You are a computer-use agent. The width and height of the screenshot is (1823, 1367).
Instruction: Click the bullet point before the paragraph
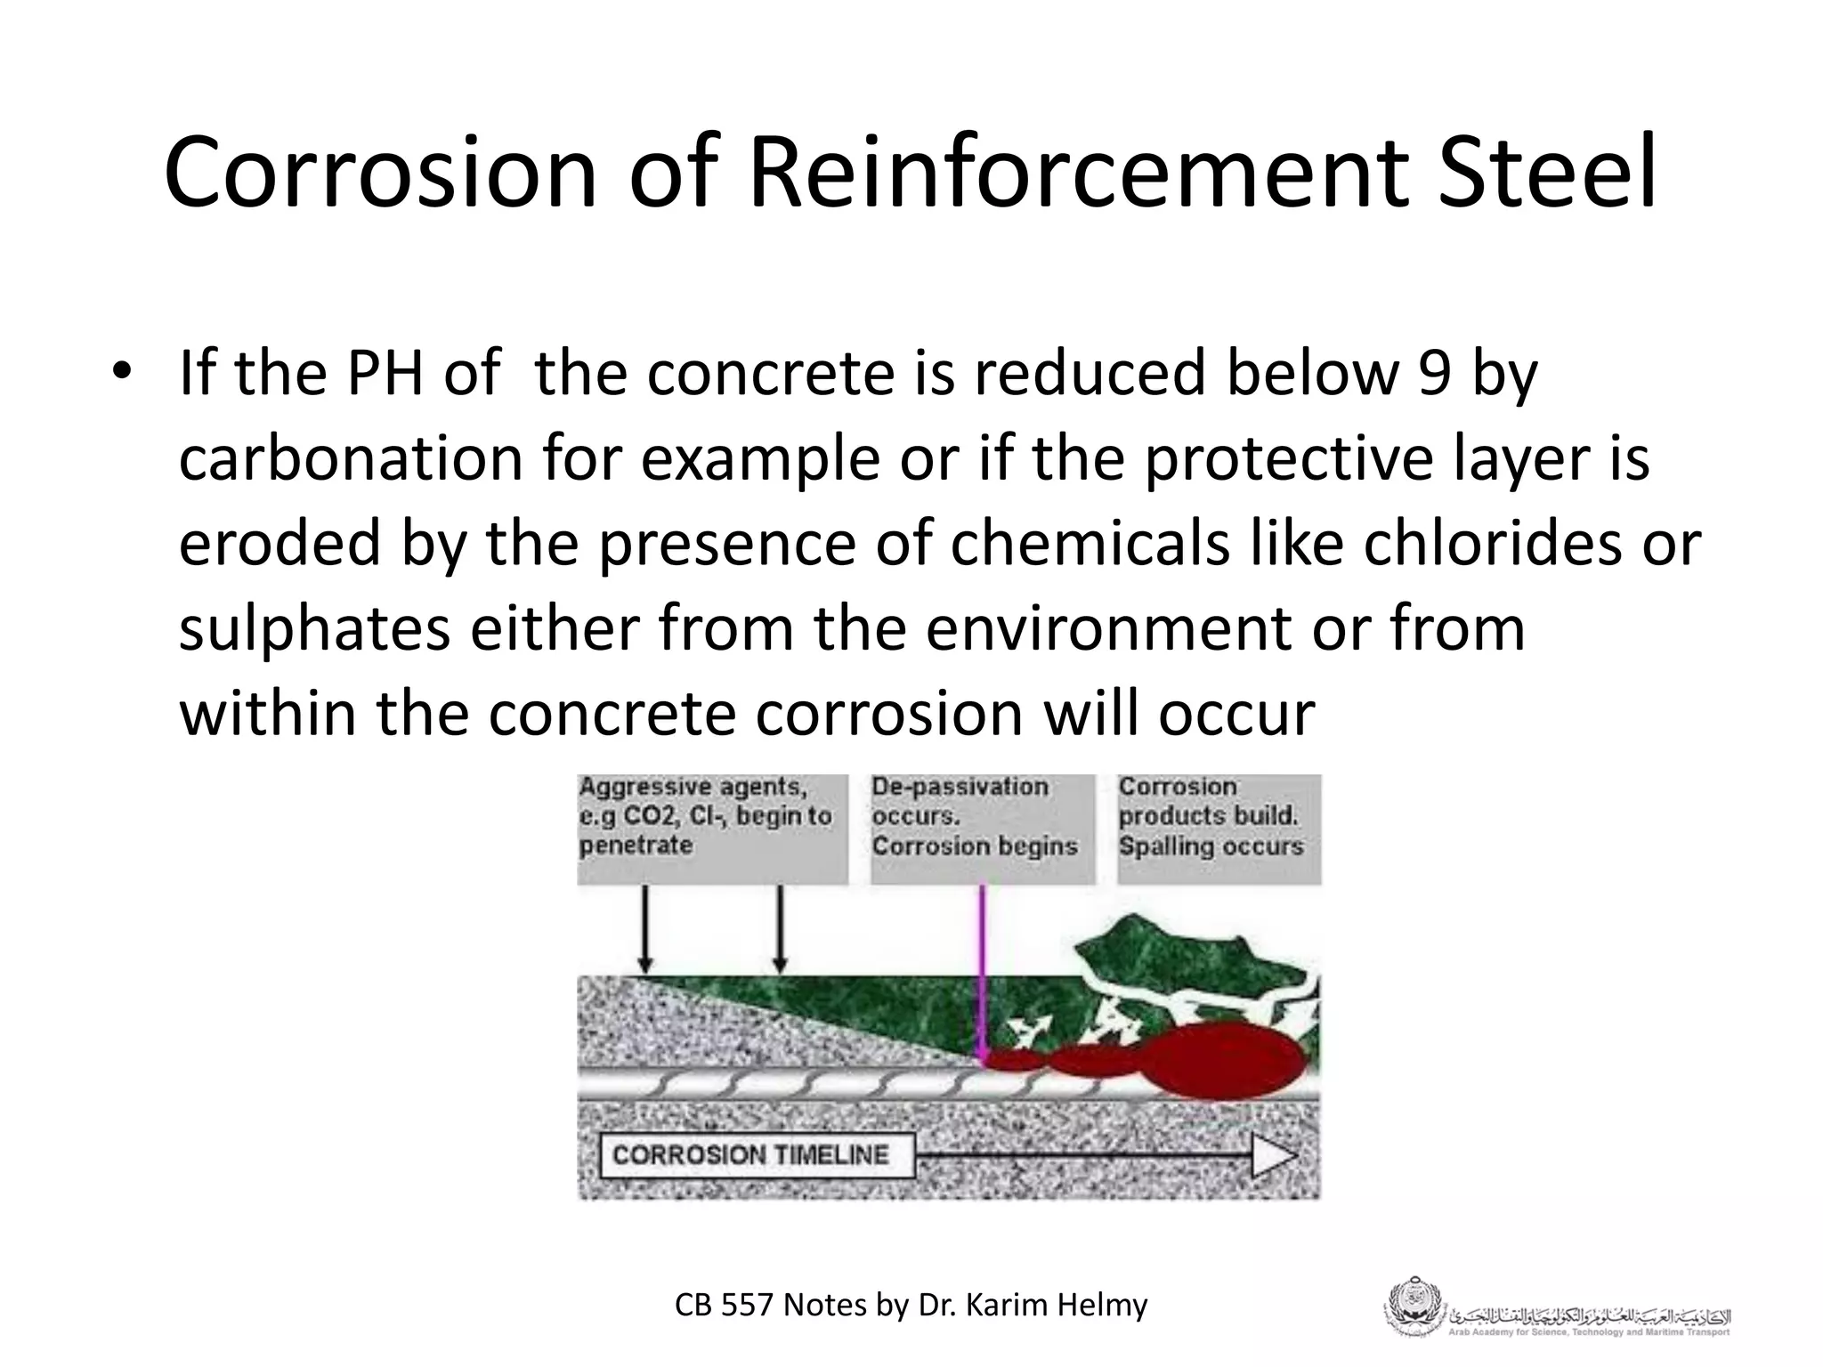pyautogui.click(x=121, y=372)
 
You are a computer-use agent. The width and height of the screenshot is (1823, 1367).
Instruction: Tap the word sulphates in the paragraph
pyautogui.click(x=315, y=629)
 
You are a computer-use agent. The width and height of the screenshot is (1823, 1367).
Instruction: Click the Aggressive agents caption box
pyautogui.click(x=711, y=828)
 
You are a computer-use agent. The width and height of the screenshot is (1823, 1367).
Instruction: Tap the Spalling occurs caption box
pyautogui.click(x=1218, y=828)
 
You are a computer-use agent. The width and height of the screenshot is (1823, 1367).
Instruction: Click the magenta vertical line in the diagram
pyautogui.click(x=983, y=970)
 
